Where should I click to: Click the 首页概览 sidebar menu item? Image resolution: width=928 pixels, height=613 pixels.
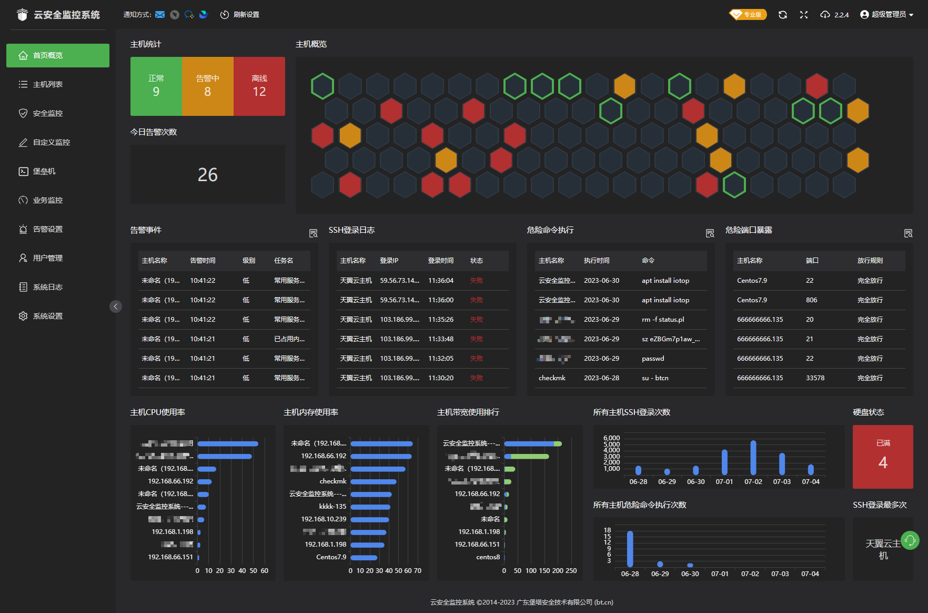pyautogui.click(x=57, y=55)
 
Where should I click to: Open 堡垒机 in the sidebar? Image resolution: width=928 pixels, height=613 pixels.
pyautogui.click(x=44, y=171)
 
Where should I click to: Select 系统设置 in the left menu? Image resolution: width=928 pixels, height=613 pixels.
pyautogui.click(x=47, y=316)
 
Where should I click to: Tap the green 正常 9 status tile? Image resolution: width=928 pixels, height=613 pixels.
pyautogui.click(x=156, y=86)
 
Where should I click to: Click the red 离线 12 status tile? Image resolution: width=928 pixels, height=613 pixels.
pyautogui.click(x=259, y=86)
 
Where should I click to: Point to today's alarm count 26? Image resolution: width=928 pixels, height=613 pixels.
pyautogui.click(x=207, y=174)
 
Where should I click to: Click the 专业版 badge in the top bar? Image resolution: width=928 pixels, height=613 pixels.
pyautogui.click(x=748, y=15)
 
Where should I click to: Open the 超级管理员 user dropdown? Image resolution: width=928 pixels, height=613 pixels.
pyautogui.click(x=886, y=15)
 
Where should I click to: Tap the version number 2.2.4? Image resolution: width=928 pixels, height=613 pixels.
pyautogui.click(x=841, y=15)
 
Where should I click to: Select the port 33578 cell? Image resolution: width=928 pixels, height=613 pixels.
pyautogui.click(x=815, y=378)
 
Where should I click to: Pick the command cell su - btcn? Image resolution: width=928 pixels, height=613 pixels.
pyautogui.click(x=655, y=378)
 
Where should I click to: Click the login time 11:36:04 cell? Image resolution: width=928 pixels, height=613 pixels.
pyautogui.click(x=441, y=281)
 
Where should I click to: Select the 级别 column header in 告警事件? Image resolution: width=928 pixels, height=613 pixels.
pyautogui.click(x=248, y=261)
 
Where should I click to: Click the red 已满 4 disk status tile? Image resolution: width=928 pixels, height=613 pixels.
pyautogui.click(x=882, y=457)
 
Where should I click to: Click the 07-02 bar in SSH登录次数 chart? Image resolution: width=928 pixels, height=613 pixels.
pyautogui.click(x=753, y=457)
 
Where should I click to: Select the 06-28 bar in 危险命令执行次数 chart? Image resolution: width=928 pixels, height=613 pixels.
pyautogui.click(x=630, y=549)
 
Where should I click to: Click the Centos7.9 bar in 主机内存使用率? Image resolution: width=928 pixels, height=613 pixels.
pyautogui.click(x=364, y=557)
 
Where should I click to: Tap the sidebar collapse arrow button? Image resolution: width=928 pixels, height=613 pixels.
pyautogui.click(x=116, y=306)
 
